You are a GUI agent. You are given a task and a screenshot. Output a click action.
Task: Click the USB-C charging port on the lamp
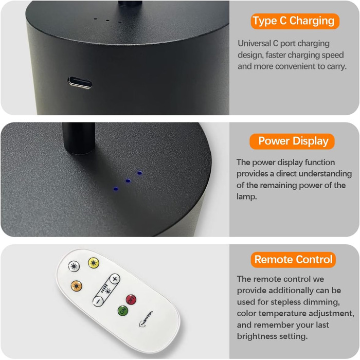[x=80, y=82]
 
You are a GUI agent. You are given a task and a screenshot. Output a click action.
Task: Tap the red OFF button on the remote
[x=131, y=300]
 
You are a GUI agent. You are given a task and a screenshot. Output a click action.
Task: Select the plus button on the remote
[x=115, y=279]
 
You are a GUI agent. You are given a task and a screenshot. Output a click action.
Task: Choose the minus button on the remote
[x=98, y=301]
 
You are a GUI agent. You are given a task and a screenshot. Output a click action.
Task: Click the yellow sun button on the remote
[x=94, y=263]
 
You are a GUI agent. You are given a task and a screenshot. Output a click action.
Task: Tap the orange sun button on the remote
[x=77, y=286]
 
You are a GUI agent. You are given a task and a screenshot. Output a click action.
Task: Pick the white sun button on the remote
[x=74, y=266]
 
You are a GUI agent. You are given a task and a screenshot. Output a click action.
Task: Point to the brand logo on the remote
[x=146, y=319]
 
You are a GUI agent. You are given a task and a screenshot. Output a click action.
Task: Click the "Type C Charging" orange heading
[x=295, y=21]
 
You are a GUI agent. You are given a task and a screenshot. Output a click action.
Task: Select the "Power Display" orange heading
[x=292, y=141]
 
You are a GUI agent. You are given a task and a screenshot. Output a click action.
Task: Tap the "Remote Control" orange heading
[x=293, y=260]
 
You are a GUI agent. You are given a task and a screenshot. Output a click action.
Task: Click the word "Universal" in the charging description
[x=255, y=43]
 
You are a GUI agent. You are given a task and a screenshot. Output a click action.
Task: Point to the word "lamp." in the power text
[x=246, y=197]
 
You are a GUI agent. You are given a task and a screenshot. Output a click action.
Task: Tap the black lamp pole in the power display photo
[x=79, y=138]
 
